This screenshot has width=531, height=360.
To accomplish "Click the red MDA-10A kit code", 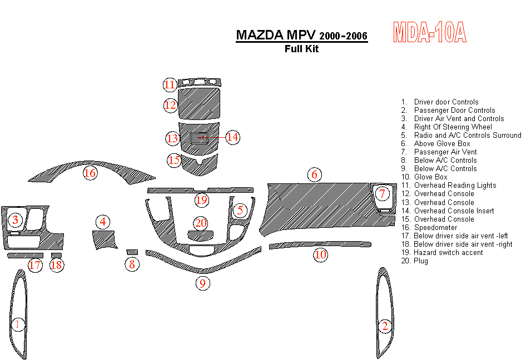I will [x=429, y=33].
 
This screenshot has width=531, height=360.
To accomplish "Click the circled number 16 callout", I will [x=90, y=173].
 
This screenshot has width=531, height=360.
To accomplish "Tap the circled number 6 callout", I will [x=314, y=175].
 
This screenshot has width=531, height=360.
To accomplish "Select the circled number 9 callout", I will [x=202, y=283].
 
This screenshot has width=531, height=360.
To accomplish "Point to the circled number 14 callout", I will [x=232, y=137].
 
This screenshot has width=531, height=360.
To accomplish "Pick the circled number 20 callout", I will [x=200, y=223].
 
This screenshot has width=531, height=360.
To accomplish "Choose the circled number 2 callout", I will [x=384, y=326].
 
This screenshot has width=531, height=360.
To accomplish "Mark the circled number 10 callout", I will [x=320, y=255].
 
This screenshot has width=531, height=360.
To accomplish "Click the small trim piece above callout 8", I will [x=132, y=252].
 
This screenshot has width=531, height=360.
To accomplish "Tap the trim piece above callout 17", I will [x=25, y=255].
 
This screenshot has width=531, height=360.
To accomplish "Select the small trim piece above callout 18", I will [x=56, y=255].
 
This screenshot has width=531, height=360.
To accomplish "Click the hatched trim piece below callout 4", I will [x=103, y=240].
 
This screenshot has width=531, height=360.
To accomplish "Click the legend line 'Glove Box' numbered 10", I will [x=430, y=177].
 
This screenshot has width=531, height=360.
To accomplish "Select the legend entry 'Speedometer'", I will [x=435, y=228].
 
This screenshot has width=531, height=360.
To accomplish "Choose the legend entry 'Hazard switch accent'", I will [x=448, y=253].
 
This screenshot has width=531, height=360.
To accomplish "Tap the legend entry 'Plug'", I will [x=421, y=261].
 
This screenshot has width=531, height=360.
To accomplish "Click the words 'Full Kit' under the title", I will [x=301, y=48].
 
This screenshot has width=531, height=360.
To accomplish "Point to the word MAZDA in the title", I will [x=259, y=35].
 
